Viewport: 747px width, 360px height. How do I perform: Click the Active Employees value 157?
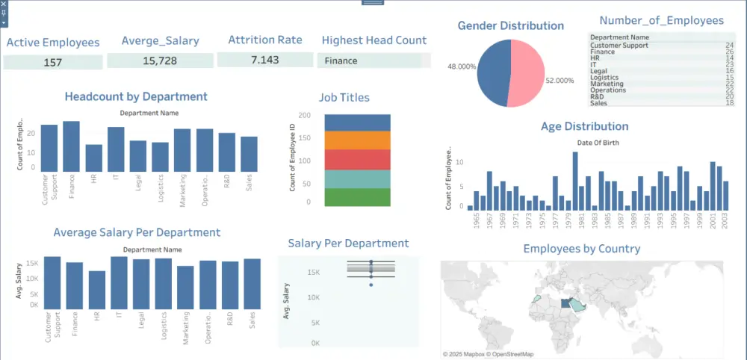[x=53, y=62]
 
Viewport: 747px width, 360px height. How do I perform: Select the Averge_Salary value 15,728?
[x=160, y=60]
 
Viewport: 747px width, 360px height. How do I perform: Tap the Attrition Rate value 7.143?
[x=264, y=60]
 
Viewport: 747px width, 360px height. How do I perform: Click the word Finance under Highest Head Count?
[x=341, y=60]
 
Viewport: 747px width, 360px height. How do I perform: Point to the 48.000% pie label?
[x=462, y=66]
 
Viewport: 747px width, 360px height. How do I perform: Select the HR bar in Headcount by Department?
[x=93, y=158]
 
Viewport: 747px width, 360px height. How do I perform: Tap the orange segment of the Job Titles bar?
[x=358, y=140]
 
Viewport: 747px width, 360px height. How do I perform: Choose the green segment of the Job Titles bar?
[x=358, y=197]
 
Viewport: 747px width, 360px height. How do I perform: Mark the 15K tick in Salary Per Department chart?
[x=314, y=273]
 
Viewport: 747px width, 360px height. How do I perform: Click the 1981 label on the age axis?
[x=582, y=223]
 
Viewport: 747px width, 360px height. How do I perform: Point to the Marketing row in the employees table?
[x=607, y=84]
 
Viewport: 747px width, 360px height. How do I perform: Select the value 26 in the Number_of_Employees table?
[x=729, y=52]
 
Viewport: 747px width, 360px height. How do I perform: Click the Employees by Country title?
[x=582, y=249]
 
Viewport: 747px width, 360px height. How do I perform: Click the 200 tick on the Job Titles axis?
[x=304, y=116]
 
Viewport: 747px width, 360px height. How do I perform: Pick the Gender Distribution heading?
[x=510, y=25]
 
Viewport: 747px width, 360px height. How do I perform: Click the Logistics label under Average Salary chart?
[x=163, y=326]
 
